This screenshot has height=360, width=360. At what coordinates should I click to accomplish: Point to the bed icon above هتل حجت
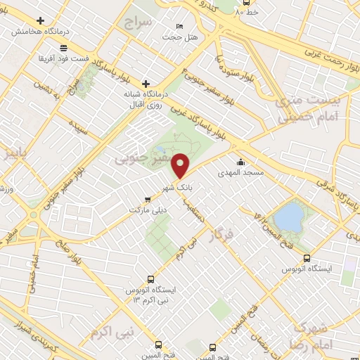pos(179,26)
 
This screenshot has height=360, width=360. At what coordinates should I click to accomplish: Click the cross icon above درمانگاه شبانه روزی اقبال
pos(146,83)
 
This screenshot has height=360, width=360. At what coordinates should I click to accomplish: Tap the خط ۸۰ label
pos(247,12)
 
